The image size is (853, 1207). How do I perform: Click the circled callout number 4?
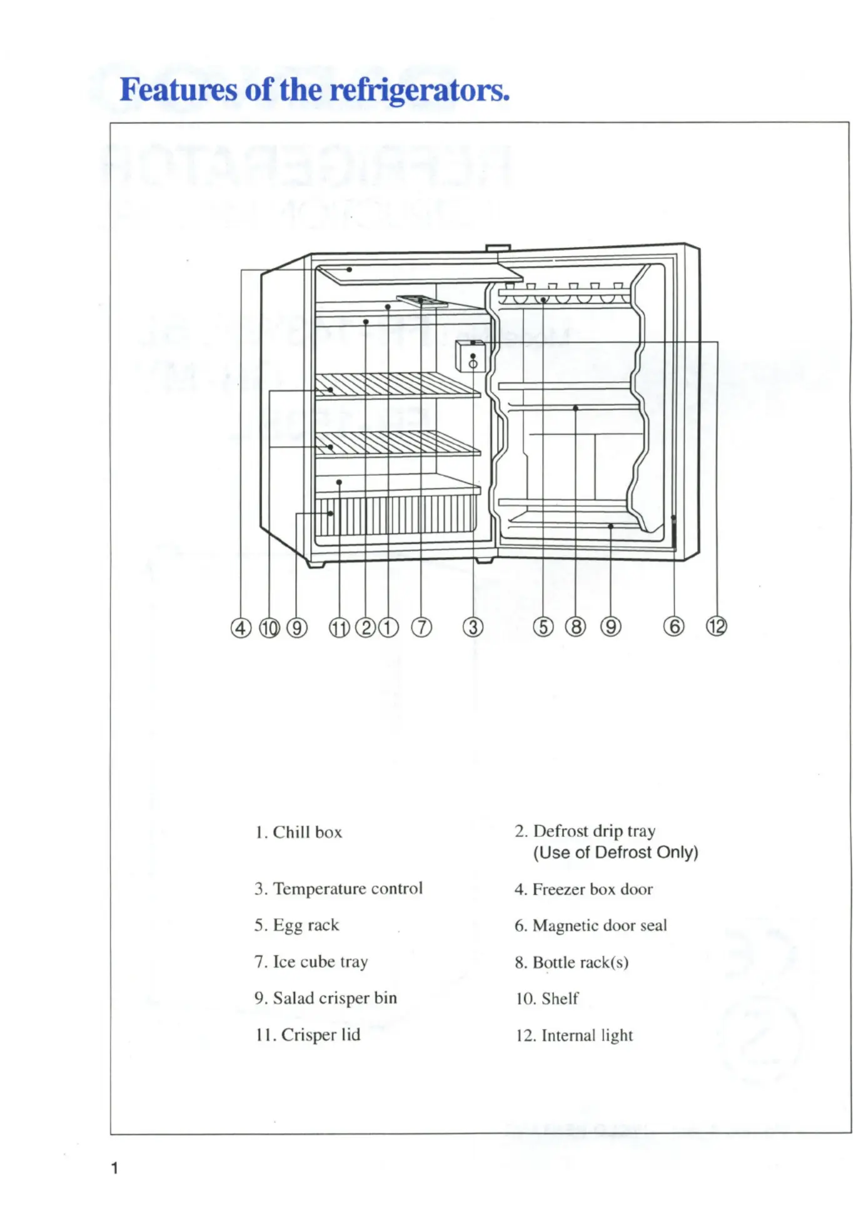click(x=241, y=628)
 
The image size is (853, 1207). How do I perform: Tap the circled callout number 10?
click(x=269, y=628)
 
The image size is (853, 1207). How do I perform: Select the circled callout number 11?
click(x=339, y=628)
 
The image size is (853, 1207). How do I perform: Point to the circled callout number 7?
click(x=421, y=627)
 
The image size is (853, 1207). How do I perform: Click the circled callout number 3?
click(x=473, y=627)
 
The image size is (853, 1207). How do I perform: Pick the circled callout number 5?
click(x=543, y=626)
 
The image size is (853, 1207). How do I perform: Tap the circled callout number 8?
click(x=575, y=626)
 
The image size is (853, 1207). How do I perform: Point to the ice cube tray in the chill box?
click(x=422, y=301)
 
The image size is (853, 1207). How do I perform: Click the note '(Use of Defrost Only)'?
click(x=615, y=853)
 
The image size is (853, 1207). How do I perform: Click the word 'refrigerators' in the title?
click(x=419, y=90)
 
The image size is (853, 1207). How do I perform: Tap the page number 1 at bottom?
click(x=114, y=1168)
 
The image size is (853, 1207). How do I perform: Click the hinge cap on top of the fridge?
click(x=498, y=248)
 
